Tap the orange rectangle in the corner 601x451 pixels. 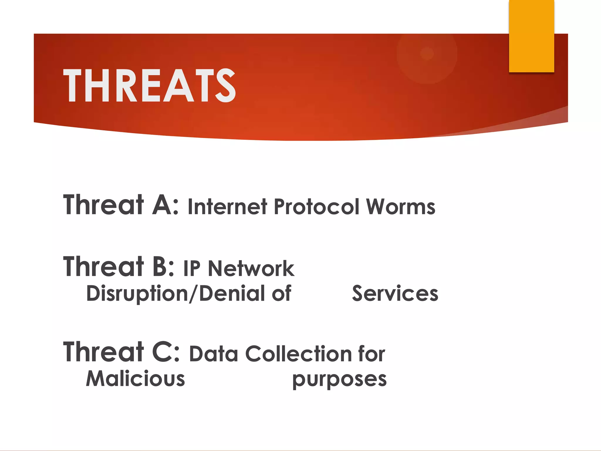pos(531,36)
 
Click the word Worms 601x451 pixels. pos(401,206)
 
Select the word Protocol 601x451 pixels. pos(317,206)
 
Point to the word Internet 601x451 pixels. pos(227,206)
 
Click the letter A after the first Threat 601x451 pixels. pos(162,205)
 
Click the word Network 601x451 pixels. pos(251,268)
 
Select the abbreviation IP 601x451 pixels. pos(192,268)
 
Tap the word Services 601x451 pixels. pos(395,293)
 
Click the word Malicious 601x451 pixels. pos(136,378)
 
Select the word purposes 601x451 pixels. pos(340,379)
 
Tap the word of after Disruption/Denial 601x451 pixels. pos(281,293)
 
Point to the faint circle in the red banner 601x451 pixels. pos(427,54)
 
